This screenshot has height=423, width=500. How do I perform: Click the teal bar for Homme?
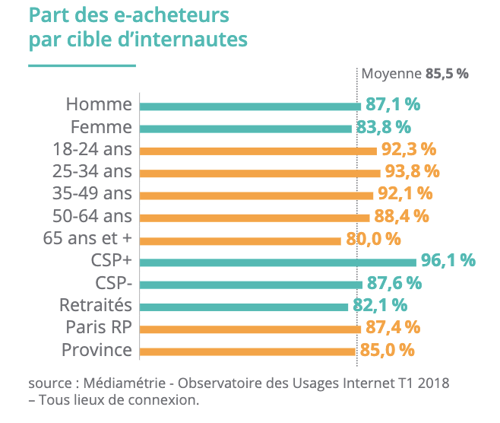(250, 106)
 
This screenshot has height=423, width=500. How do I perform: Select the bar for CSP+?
(277, 262)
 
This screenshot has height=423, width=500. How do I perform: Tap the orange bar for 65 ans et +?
(240, 240)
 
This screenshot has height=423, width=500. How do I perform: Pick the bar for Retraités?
(244, 307)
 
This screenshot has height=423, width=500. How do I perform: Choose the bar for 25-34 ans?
(260, 173)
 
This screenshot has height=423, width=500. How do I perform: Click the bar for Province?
(247, 351)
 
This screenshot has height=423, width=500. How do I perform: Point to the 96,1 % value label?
(448, 261)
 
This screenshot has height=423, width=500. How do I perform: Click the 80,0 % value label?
(373, 239)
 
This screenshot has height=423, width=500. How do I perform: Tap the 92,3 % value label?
(408, 149)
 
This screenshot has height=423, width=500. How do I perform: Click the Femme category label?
(101, 127)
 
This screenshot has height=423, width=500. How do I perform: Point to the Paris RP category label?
(98, 329)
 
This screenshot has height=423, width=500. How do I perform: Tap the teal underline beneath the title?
(82, 66)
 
